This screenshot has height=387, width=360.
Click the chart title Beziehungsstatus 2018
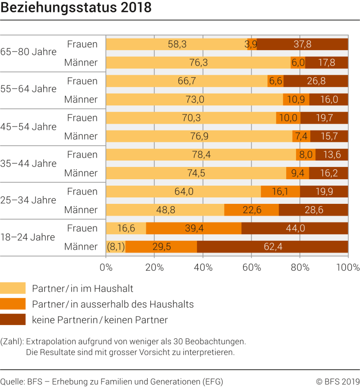(76, 8)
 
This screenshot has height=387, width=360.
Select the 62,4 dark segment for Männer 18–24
(272, 247)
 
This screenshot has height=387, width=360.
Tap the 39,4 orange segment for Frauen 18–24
(194, 228)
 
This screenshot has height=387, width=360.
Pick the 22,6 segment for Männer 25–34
(251, 210)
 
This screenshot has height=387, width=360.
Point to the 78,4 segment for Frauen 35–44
(201, 155)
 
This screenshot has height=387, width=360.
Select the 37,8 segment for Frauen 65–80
(302, 44)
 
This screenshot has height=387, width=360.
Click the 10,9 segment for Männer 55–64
(296, 99)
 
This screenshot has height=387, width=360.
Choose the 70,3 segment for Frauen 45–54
(191, 118)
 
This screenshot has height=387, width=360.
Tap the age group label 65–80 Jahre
(29, 52)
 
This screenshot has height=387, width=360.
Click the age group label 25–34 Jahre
(29, 200)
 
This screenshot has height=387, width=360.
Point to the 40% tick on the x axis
(203, 267)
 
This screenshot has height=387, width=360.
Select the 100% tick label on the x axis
(348, 267)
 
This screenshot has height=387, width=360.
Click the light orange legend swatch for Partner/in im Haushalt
(13, 288)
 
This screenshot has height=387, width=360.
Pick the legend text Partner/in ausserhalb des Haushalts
(113, 304)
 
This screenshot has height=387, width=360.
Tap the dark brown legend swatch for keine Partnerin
(13, 320)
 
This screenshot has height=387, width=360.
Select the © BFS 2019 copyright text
(337, 382)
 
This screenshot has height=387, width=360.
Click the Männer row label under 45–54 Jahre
(81, 136)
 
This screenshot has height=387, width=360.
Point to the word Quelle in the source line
(12, 382)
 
